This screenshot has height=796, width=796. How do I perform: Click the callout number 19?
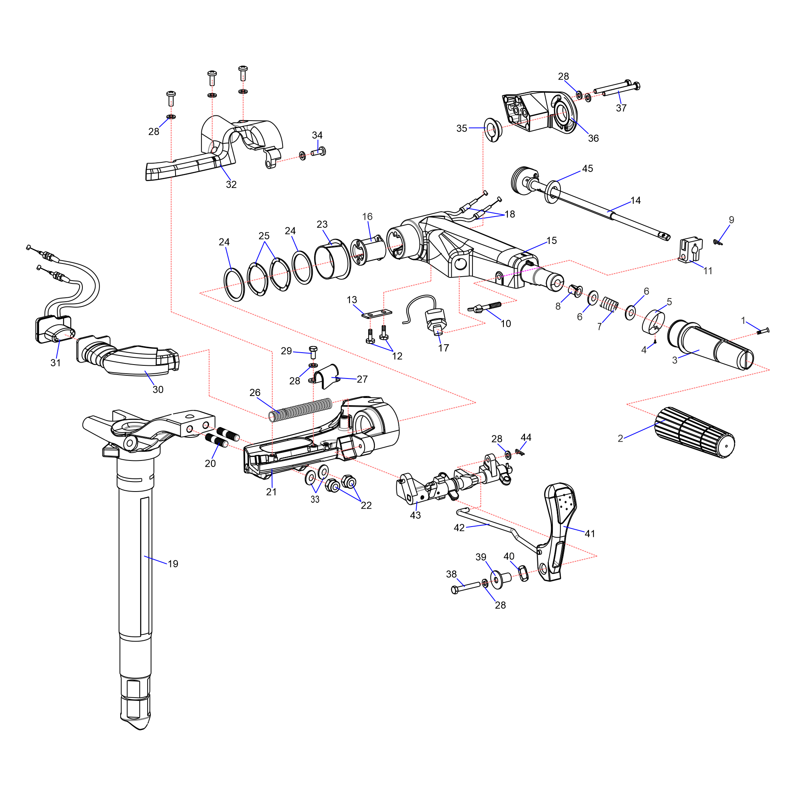coord(173,564)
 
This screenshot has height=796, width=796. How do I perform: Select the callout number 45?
coord(587,168)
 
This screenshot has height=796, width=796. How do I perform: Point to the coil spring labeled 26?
coord(301,410)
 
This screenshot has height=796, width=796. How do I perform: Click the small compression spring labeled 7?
coord(609,304)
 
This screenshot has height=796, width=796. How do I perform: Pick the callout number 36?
coord(593,139)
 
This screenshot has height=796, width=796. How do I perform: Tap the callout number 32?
coord(231,185)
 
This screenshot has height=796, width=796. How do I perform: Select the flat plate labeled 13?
coord(377,314)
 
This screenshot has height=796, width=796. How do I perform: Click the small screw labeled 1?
coord(763,330)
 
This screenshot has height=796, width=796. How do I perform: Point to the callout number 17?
coord(443,348)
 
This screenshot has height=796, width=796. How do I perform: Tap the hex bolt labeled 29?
coord(313,352)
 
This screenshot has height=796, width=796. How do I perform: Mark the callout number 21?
coord(271,492)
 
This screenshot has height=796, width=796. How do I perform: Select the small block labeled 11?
coord(690,249)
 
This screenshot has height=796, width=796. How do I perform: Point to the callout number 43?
coord(415,515)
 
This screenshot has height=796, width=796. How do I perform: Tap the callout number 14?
coord(636,201)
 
